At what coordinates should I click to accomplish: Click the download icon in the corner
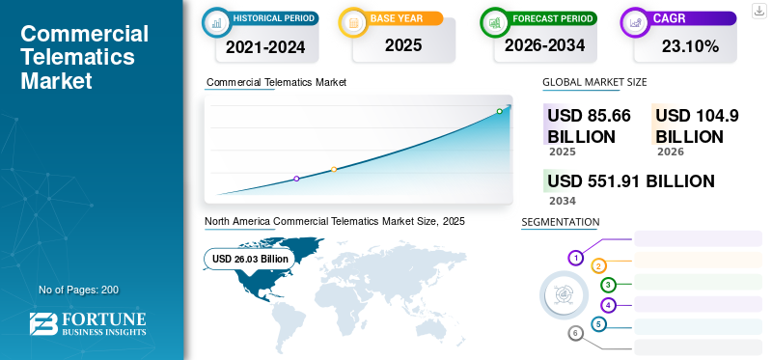758,11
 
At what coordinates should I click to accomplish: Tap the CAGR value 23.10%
690,46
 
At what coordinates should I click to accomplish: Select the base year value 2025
403,45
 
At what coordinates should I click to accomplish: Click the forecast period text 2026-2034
544,45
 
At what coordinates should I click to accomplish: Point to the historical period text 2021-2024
265,46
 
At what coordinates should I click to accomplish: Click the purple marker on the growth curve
296,179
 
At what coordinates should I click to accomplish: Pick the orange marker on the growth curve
334,170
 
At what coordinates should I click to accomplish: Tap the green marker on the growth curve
499,111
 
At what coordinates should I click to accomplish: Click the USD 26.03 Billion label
250,259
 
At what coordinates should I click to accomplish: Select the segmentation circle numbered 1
575,258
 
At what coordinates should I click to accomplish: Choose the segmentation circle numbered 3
608,285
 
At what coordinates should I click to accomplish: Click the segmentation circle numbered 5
598,324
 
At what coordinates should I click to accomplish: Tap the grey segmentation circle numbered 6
575,334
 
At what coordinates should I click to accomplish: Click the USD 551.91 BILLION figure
631,181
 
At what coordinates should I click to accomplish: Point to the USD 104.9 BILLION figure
697,125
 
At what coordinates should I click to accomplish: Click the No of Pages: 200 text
79,290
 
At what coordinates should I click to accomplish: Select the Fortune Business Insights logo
88,323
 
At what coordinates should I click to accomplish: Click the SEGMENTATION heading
561,222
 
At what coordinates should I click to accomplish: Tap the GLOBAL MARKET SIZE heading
594,82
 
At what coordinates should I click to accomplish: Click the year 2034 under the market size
563,201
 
